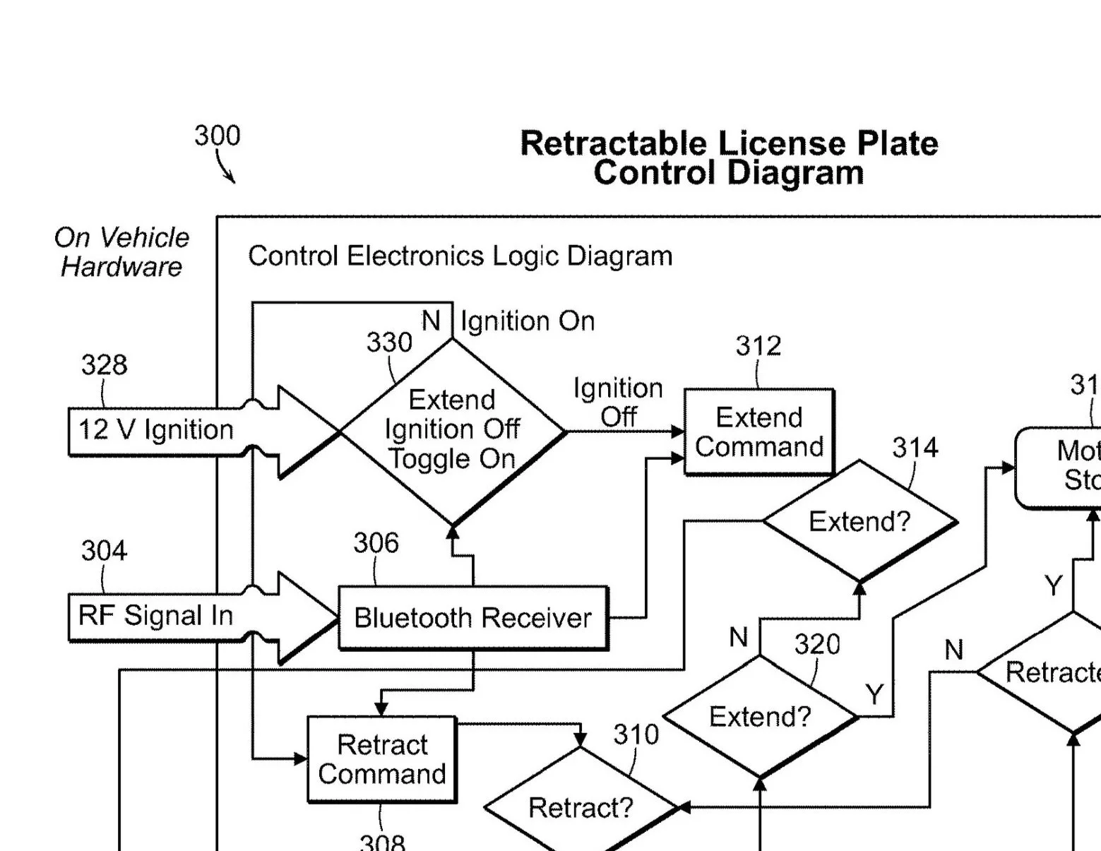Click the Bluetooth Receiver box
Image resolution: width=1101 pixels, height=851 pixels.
tap(472, 618)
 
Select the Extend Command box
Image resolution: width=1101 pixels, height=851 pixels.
tap(759, 432)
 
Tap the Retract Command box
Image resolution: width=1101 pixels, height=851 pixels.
tap(382, 759)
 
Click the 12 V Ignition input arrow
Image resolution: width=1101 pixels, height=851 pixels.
tap(155, 430)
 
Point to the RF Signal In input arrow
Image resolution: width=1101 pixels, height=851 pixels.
tap(155, 616)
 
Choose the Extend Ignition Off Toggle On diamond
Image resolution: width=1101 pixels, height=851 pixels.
tap(453, 430)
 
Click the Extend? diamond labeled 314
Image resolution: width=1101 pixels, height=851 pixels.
tap(859, 522)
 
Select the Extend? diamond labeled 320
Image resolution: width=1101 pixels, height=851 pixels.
tap(760, 717)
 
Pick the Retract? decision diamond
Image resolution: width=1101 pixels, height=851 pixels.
tap(581, 807)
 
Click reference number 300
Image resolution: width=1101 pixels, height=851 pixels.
tap(218, 136)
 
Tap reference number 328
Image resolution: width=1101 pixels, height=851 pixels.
tap(104, 365)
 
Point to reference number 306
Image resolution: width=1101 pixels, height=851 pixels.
tap(376, 543)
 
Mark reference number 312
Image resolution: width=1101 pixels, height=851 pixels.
tap(758, 346)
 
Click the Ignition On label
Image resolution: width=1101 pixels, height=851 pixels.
tap(528, 321)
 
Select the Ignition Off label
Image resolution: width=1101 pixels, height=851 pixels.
tap(618, 403)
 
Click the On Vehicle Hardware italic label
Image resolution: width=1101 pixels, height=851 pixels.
tap(121, 252)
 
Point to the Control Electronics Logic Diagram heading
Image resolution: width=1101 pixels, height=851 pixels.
tap(460, 256)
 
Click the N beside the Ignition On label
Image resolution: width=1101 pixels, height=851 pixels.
tap(431, 321)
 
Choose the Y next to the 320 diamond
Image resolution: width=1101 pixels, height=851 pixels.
tap(874, 695)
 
